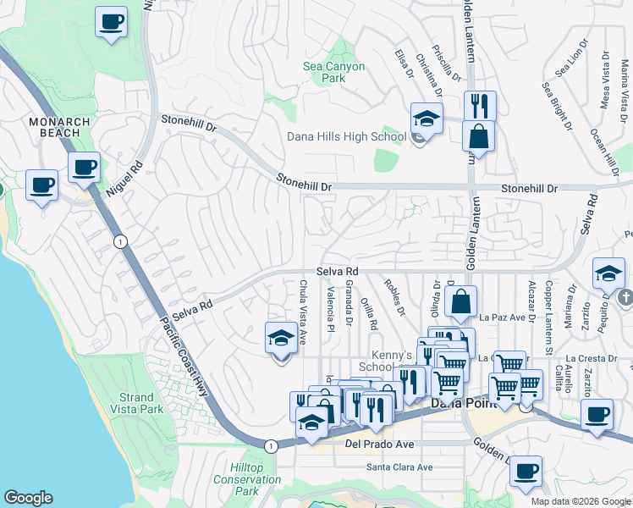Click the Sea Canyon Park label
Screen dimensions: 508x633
[x=334, y=72]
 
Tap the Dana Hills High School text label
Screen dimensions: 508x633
[x=346, y=136]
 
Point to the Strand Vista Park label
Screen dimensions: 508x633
[x=136, y=403]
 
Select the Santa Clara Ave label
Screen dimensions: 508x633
[x=399, y=467]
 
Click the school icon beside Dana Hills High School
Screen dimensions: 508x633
[x=427, y=119]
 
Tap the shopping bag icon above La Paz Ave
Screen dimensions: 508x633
[x=461, y=301]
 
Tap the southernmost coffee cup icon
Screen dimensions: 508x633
[x=526, y=471]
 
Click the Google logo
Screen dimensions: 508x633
[x=28, y=498]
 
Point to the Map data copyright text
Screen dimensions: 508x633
[x=580, y=501]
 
